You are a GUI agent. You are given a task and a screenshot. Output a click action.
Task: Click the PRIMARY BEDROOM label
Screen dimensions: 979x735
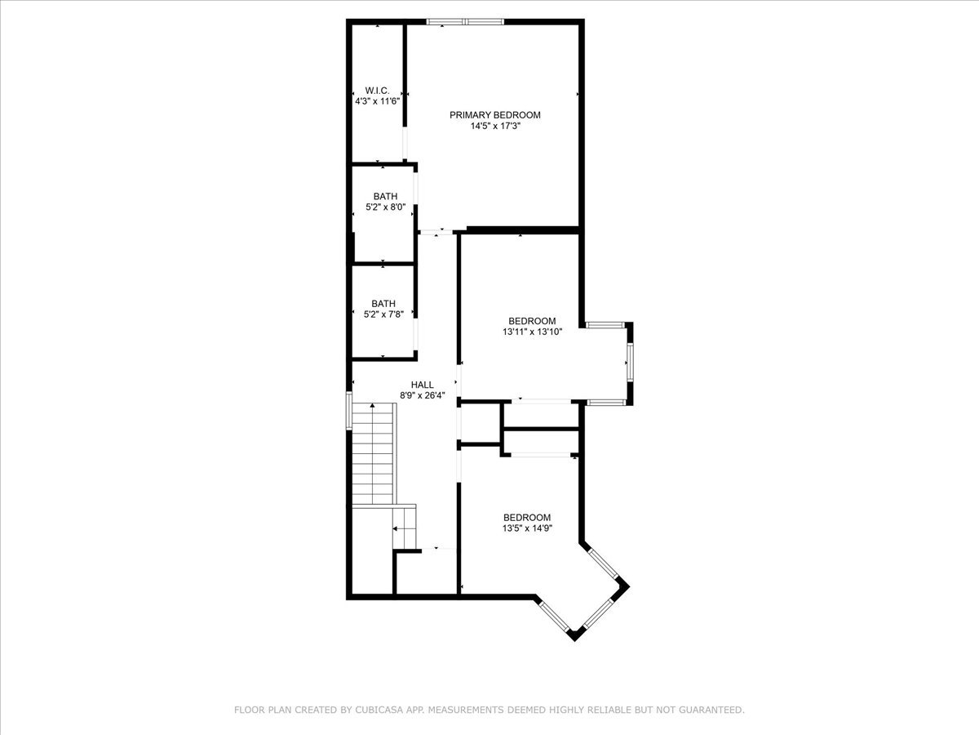coord(494,115)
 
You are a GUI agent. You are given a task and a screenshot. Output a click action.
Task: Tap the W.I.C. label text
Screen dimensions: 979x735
coord(377,91)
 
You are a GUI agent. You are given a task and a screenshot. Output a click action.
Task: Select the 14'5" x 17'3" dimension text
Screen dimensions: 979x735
coord(495,126)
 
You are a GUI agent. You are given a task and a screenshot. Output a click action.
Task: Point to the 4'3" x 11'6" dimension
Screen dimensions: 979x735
coord(378,101)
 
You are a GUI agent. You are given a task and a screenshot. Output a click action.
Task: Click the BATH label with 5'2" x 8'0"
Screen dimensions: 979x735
coord(385,196)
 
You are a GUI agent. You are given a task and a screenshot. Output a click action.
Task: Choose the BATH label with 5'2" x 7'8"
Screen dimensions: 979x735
coord(383,304)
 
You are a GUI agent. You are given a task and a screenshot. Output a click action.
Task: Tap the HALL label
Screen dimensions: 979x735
coord(422,385)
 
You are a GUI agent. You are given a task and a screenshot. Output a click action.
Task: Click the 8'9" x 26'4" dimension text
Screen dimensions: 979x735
coord(423,395)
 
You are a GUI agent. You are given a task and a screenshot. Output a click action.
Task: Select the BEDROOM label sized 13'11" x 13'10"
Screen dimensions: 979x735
coord(532,321)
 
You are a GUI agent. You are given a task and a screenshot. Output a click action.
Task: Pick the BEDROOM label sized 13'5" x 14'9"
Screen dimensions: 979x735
coord(527,518)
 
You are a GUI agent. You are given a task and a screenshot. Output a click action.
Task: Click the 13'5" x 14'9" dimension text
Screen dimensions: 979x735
coord(527,528)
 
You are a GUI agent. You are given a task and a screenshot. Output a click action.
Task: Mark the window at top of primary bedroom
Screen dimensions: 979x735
coord(465,21)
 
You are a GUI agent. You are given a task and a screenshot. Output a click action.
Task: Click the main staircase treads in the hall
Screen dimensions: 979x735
coord(374,454)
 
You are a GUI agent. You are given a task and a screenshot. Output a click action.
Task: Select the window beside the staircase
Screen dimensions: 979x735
coord(349,411)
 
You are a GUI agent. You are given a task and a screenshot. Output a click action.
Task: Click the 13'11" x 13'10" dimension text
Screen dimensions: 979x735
coord(532,332)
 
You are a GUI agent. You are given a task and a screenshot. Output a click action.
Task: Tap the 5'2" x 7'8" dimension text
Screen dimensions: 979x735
coord(383,314)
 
